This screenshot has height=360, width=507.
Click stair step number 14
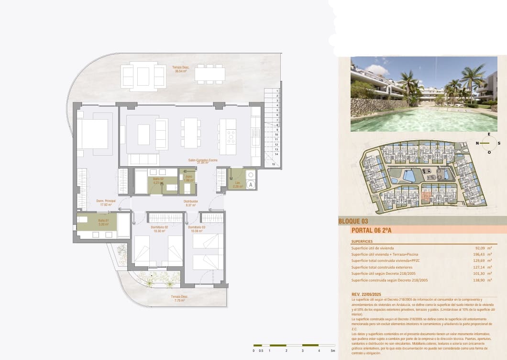[277, 154]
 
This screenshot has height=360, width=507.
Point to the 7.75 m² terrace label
[180, 298]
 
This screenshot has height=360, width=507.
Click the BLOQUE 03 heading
[353, 221]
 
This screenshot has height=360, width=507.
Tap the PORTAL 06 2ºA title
[371, 230]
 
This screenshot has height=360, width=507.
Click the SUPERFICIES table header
[362, 242]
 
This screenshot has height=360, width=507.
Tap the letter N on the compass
[477, 143]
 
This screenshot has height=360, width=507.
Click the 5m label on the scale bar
[333, 351]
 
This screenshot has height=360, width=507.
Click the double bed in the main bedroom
[92, 134]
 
